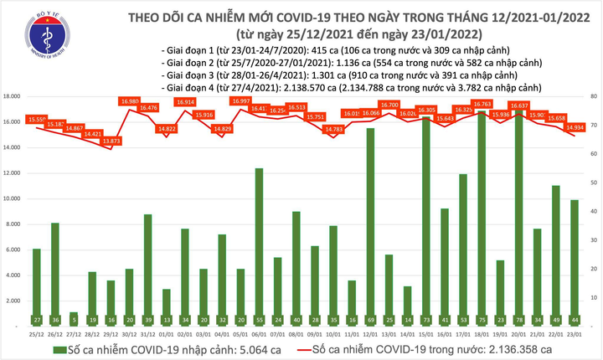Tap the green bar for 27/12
pos(75,316)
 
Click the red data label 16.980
pos(130,101)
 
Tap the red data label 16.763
pos(481,105)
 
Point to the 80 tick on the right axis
pos(594,97)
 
